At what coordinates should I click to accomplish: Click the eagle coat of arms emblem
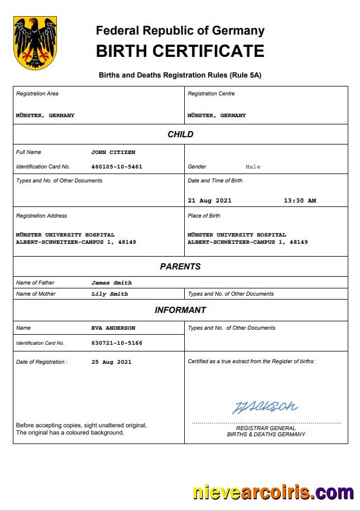click(x=35, y=42)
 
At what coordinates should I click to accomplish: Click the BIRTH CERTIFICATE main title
click(x=180, y=51)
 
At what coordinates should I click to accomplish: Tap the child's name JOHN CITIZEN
click(x=113, y=152)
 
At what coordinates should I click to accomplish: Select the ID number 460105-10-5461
click(x=117, y=167)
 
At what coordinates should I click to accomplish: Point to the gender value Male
click(x=253, y=167)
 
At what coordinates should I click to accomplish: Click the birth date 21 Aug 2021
click(x=209, y=201)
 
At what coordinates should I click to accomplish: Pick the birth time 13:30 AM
click(x=300, y=201)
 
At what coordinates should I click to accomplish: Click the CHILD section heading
click(x=180, y=134)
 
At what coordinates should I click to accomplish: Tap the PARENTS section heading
click(x=180, y=267)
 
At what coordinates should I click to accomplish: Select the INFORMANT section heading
click(x=180, y=310)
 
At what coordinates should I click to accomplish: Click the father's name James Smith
click(x=112, y=283)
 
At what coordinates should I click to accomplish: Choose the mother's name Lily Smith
click(x=109, y=294)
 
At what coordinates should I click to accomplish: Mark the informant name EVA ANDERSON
click(x=113, y=328)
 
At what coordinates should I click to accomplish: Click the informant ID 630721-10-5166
click(x=117, y=343)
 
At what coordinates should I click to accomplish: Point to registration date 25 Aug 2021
click(x=112, y=362)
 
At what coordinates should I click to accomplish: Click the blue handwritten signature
click(x=265, y=407)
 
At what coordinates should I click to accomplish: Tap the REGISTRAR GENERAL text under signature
click(x=266, y=428)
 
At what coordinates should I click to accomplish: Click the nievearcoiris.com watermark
click(x=273, y=493)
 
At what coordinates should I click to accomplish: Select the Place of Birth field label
click(x=204, y=216)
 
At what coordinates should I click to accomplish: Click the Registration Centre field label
click(x=211, y=94)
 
